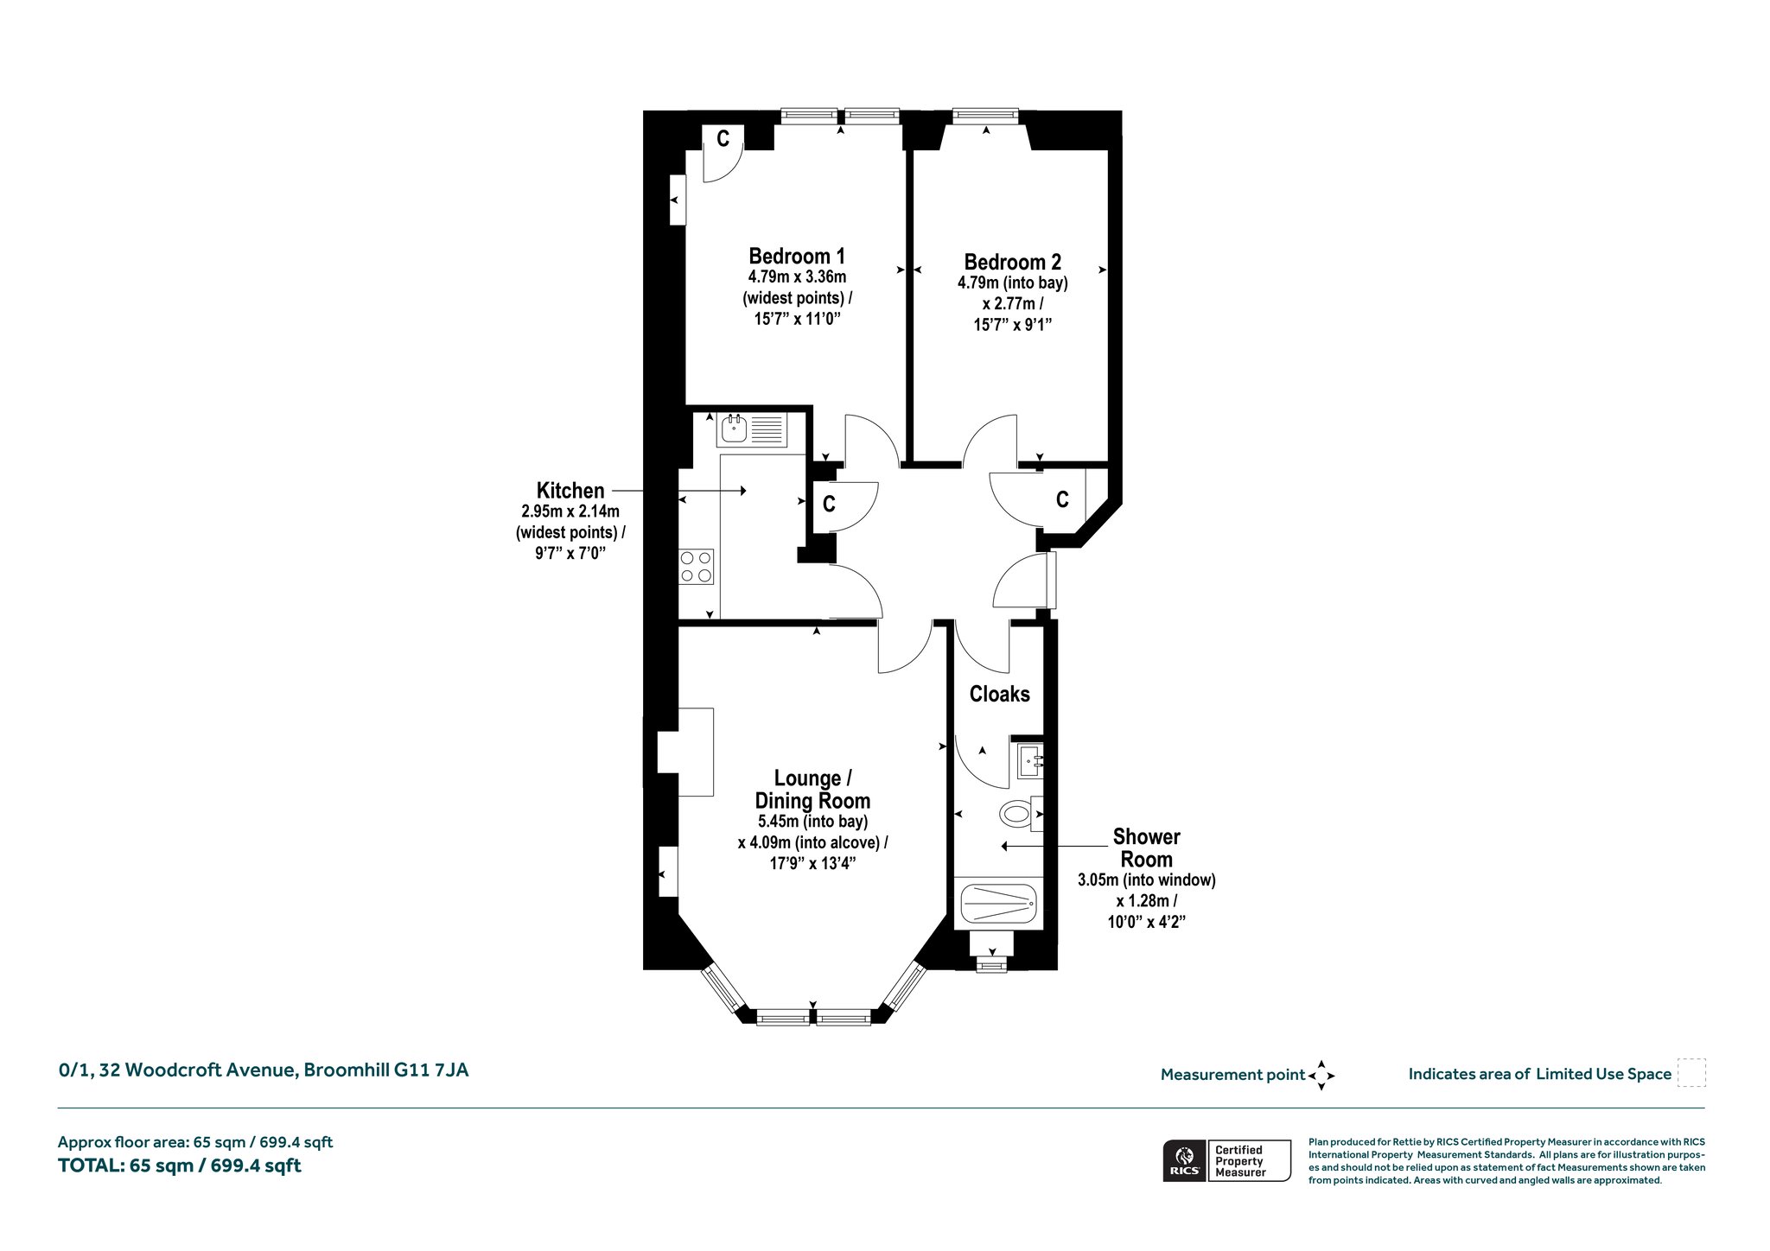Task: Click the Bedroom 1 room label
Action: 797,257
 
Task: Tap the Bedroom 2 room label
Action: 1012,262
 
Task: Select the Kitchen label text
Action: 570,491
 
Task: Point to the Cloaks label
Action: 1000,694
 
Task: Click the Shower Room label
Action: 1146,848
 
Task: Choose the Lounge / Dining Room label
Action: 812,789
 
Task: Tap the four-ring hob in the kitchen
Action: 697,567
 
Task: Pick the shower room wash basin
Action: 1029,761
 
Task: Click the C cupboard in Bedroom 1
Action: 723,138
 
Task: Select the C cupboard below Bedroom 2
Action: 1062,498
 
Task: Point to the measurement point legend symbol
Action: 1321,1076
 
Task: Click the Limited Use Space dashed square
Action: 1691,1073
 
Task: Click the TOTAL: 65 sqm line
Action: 179,1165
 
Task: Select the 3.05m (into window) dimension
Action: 1146,880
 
